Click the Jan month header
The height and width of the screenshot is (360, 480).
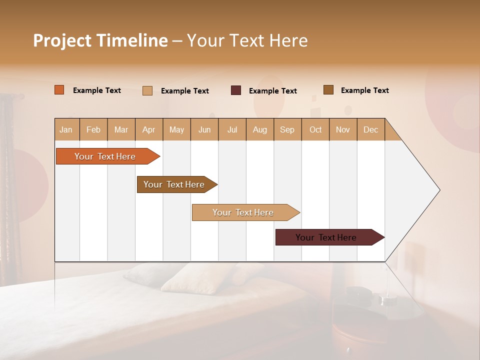tap(66, 129)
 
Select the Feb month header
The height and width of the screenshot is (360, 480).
tap(93, 129)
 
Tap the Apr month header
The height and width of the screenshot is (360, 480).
tap(148, 129)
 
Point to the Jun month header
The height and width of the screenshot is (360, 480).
tap(204, 129)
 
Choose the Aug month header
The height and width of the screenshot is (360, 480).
tap(259, 129)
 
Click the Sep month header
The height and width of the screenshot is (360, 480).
tap(287, 129)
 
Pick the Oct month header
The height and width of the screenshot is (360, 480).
tap(315, 129)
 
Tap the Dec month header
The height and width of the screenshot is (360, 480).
tap(370, 129)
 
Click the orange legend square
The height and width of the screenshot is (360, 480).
tap(59, 90)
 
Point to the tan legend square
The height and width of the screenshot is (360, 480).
tap(147, 90)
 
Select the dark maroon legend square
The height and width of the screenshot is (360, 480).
tap(236, 90)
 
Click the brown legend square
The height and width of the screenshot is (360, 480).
tap(328, 89)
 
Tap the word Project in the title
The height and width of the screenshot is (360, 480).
tap(61, 40)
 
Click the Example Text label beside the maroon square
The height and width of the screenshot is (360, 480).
tap(272, 90)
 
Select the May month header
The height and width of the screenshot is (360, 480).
tap(176, 129)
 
